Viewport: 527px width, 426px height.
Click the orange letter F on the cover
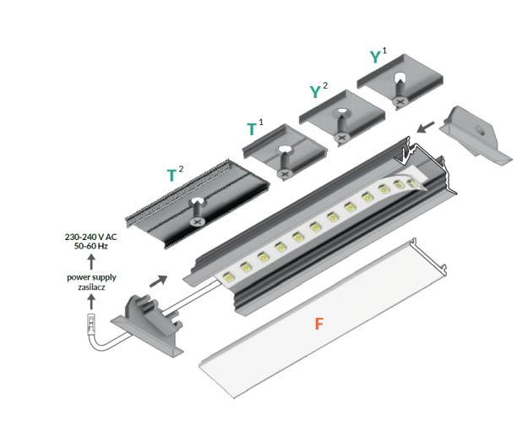click(318, 323)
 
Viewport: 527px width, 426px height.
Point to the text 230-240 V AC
click(90, 238)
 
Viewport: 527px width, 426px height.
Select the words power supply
click(90, 278)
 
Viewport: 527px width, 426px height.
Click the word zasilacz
click(90, 287)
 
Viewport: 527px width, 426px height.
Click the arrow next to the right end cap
click(427, 127)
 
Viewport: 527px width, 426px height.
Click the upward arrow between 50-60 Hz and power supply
click(90, 263)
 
